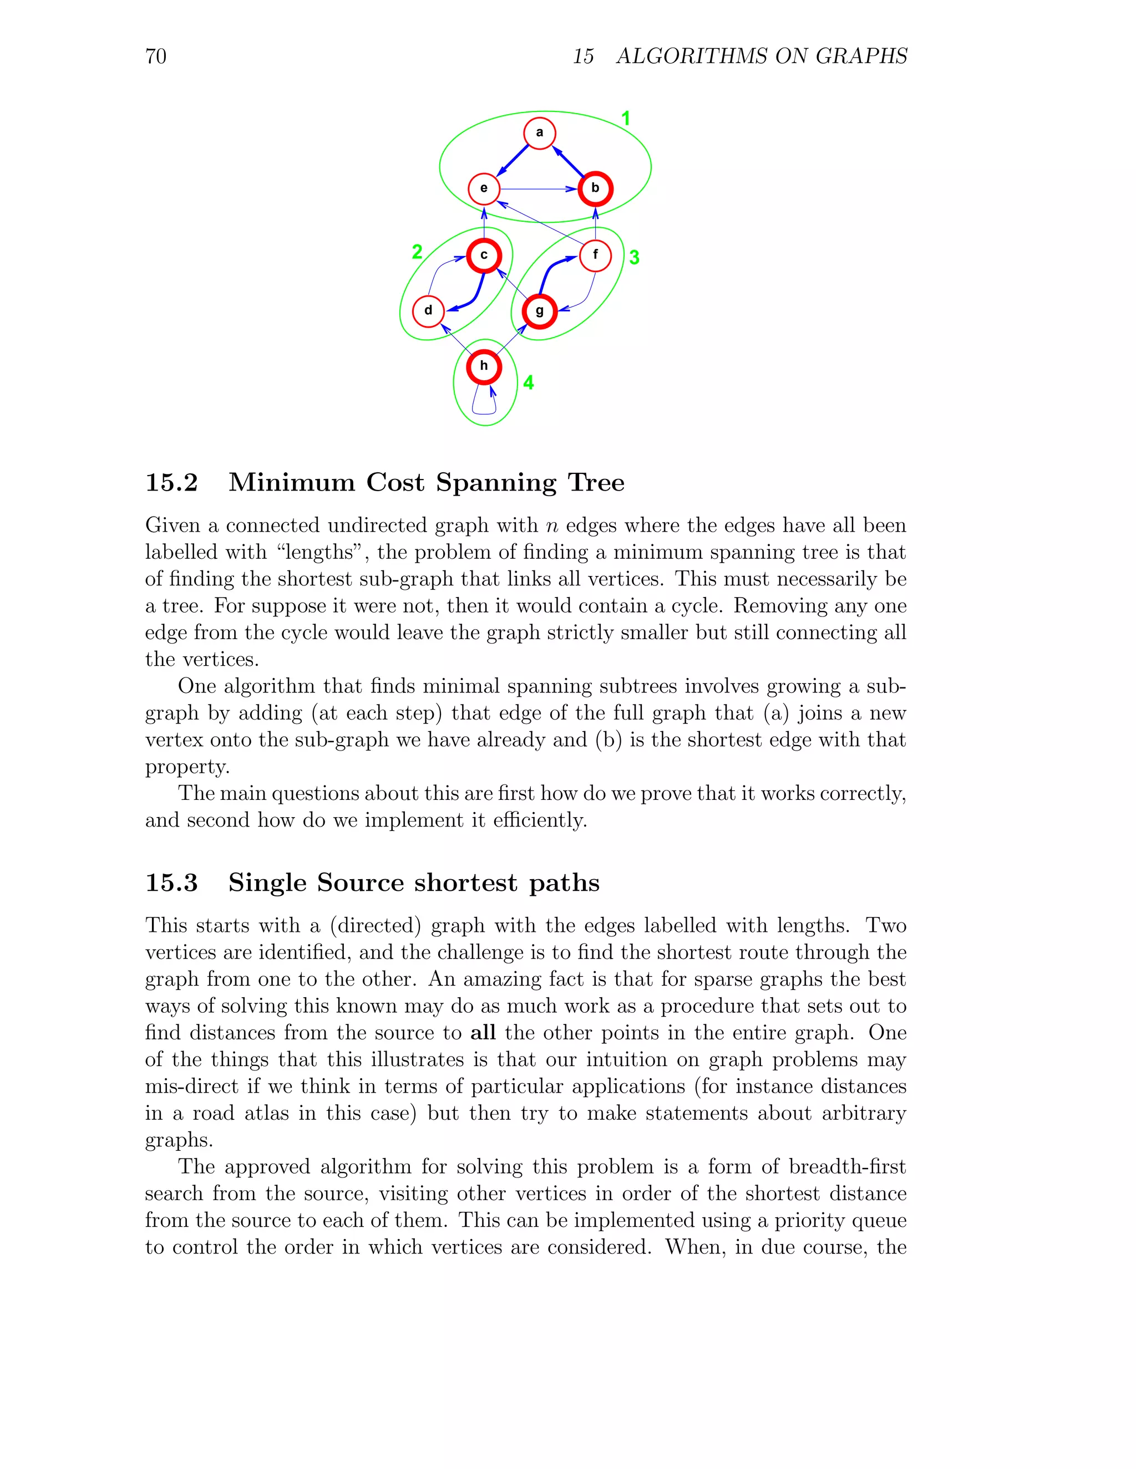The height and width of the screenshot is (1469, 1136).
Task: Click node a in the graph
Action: point(539,133)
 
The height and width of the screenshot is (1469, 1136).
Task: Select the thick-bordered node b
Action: point(595,188)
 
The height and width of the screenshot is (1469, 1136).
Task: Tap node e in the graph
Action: point(484,188)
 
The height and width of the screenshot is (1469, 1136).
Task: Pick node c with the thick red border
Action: point(484,256)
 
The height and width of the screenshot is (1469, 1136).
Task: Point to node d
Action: point(428,311)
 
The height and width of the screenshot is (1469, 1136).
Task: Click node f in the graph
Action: point(595,256)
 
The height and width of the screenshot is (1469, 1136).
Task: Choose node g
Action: point(539,312)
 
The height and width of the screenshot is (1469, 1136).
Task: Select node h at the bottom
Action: point(484,366)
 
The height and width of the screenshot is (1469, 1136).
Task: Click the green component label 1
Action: point(625,119)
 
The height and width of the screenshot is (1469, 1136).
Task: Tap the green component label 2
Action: point(417,252)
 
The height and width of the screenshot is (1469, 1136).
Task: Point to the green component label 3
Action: point(634,257)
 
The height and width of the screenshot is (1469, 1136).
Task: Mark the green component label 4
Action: point(528,382)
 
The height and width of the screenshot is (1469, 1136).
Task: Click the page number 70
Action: point(155,56)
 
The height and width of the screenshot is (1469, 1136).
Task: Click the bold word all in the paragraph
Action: point(483,1033)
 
